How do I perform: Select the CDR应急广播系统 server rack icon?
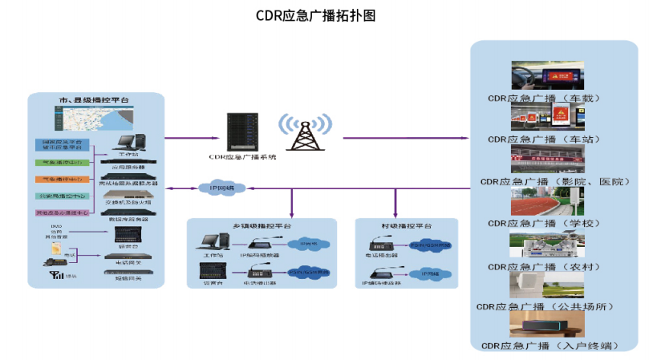point(242,131)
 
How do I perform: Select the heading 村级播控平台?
point(406,226)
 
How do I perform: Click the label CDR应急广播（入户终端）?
point(554,346)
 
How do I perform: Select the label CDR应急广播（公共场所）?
point(554,306)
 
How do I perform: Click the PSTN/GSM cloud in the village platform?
point(431,244)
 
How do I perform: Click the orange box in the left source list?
point(62,179)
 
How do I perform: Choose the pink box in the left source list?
point(62,213)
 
